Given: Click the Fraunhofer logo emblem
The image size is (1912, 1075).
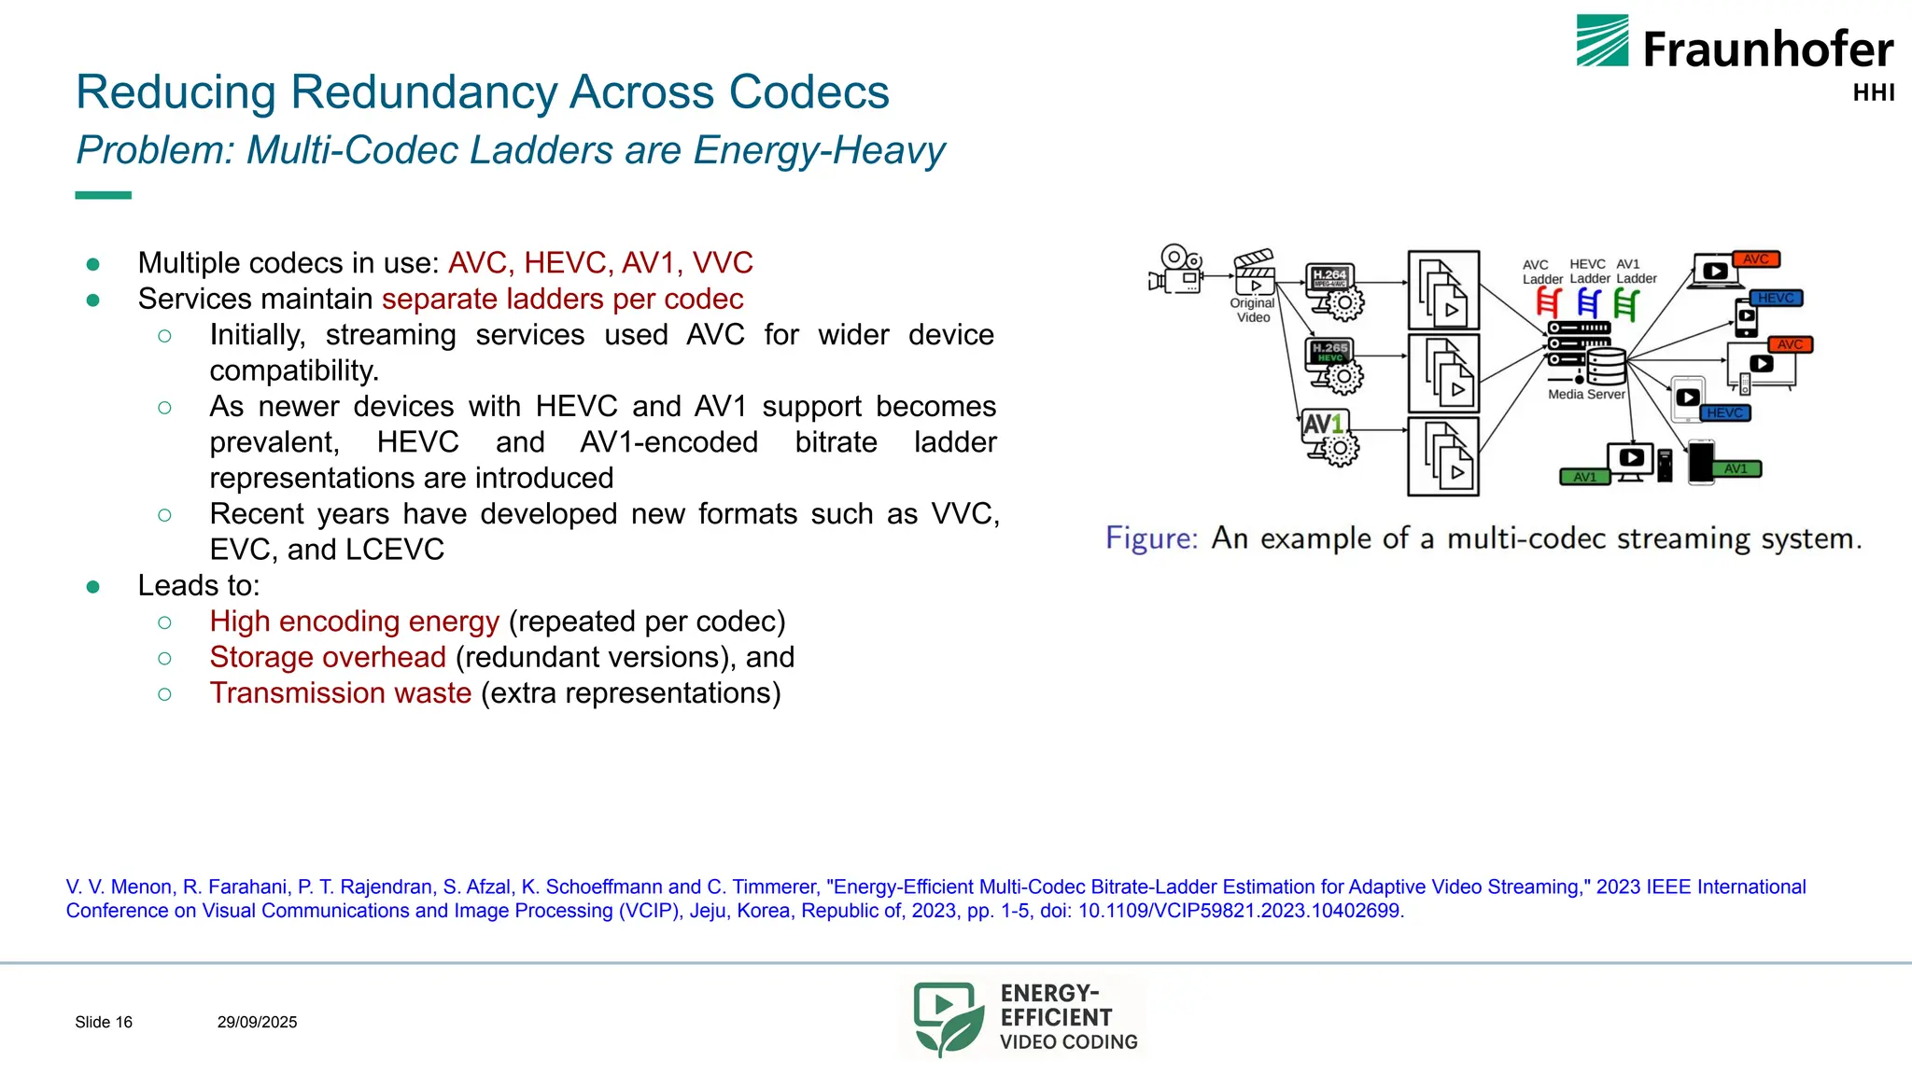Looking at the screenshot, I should click(1602, 40).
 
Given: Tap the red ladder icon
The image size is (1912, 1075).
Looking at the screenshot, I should click(1548, 302).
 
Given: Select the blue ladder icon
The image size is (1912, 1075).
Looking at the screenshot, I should click(1588, 302).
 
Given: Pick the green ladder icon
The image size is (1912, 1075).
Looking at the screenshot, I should click(1626, 302).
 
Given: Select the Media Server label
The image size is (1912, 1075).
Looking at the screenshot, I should click(1586, 394).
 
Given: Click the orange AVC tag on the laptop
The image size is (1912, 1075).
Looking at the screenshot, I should click(1756, 259).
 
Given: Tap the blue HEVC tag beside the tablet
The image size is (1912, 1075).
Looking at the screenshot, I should click(1724, 412).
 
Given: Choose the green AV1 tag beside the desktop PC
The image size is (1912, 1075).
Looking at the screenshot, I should click(1584, 477).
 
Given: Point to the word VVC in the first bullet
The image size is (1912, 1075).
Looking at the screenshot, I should click(723, 263).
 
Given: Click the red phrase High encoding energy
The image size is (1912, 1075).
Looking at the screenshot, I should click(355, 621).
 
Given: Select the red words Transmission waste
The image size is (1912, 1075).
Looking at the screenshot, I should click(341, 693).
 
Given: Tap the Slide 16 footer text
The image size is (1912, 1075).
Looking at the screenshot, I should click(104, 1023).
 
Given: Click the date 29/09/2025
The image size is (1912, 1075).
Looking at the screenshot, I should click(257, 1023).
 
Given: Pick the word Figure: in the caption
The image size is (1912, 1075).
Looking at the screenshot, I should click(1151, 538).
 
